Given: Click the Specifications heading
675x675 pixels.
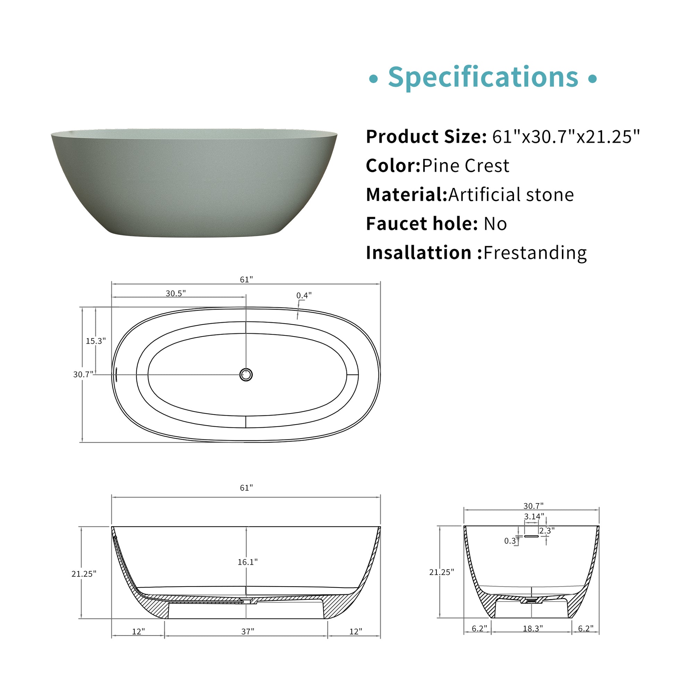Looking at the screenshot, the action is click(483, 77).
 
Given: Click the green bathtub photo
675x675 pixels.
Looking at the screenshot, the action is click(194, 183).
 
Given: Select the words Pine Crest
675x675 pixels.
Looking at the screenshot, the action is click(465, 165).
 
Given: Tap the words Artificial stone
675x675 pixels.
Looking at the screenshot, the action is click(511, 195).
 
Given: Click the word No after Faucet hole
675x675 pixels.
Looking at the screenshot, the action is click(495, 224).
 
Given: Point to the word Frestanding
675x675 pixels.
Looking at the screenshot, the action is click(535, 253).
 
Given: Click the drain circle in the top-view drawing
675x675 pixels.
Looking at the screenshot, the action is click(246, 375).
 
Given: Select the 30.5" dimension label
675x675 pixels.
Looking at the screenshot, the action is click(176, 293).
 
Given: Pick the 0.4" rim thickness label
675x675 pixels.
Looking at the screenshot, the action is click(304, 296).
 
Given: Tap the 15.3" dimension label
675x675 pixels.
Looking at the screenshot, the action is click(96, 341).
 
